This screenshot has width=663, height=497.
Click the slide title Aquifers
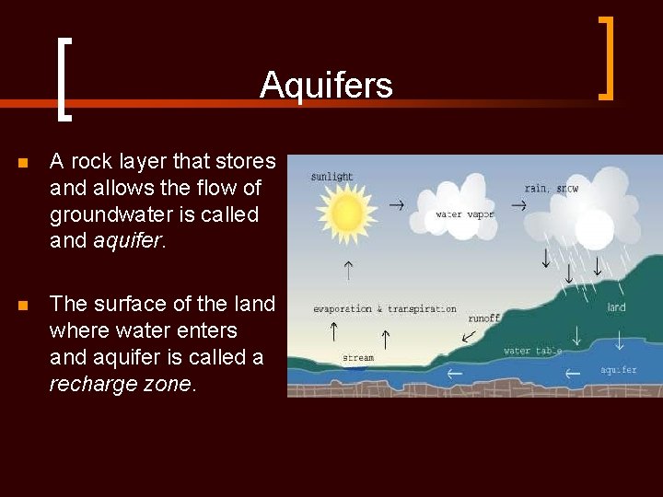[326, 86]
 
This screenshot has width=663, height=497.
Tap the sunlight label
[331, 177]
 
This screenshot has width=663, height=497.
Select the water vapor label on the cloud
[464, 214]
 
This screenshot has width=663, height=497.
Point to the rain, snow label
[552, 189]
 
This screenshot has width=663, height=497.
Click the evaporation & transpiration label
[384, 309]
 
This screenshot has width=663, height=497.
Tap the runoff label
[483, 318]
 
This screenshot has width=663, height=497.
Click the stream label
[358, 358]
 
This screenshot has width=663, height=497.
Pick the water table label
[532, 351]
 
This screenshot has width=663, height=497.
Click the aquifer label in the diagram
[618, 370]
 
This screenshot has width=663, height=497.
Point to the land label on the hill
[616, 307]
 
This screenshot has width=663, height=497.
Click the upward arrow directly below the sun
[348, 270]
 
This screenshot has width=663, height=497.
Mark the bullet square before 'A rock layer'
[23, 163]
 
